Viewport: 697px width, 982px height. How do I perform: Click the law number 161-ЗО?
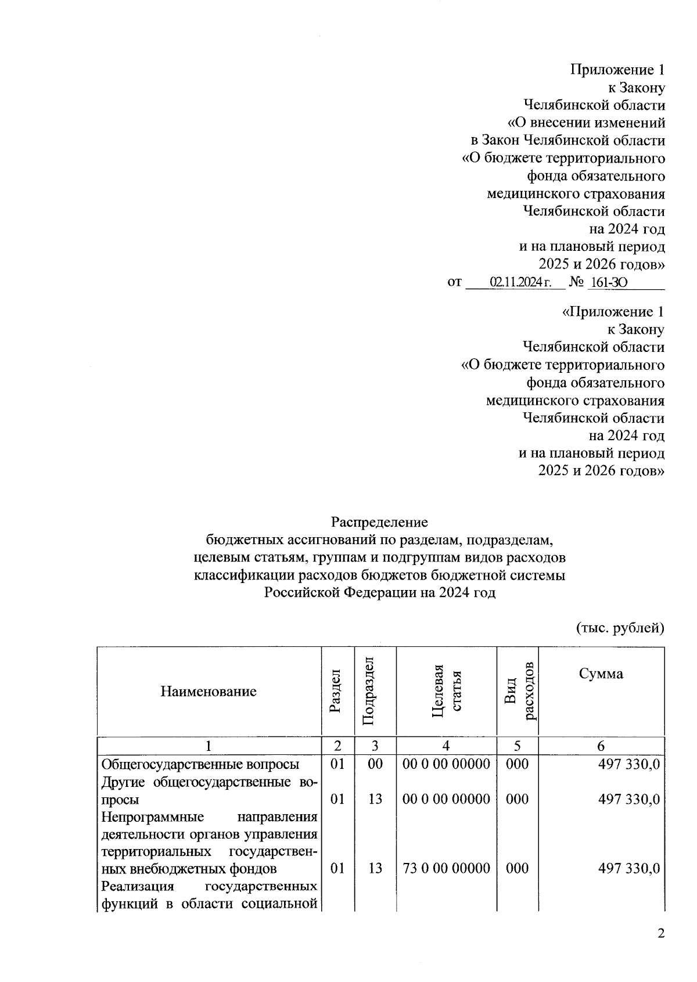[x=608, y=283]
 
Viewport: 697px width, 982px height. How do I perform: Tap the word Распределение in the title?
[x=379, y=522]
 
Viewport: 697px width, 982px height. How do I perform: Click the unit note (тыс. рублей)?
[x=620, y=627]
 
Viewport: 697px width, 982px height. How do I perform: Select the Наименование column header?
[x=209, y=692]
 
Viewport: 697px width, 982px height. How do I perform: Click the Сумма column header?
[x=601, y=674]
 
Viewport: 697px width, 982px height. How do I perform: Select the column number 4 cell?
[x=446, y=746]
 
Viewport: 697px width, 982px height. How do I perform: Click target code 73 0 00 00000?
[x=446, y=868]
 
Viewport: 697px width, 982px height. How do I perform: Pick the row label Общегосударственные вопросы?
[x=200, y=764]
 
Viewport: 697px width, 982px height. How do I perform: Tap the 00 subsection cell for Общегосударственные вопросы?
[x=375, y=764]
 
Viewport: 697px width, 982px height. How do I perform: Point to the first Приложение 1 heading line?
[x=617, y=70]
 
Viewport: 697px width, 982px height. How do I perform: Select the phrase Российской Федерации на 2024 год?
[x=379, y=593]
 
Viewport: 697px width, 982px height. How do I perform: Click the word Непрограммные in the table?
[x=152, y=817]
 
